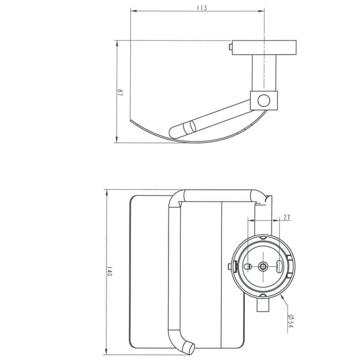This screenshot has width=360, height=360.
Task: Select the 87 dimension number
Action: click(x=120, y=93)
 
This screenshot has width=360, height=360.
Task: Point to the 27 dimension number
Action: click(x=287, y=217)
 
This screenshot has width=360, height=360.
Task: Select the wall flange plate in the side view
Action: click(x=264, y=47)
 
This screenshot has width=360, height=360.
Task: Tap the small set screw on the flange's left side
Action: click(x=230, y=46)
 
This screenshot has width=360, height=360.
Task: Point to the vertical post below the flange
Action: click(x=259, y=72)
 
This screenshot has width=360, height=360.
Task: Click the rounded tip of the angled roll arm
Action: click(x=173, y=132)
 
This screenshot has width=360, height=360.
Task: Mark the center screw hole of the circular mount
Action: click(x=262, y=266)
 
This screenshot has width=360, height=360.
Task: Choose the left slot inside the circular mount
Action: click(x=247, y=266)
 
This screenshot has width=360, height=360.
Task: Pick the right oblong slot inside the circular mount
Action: click(x=279, y=265)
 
